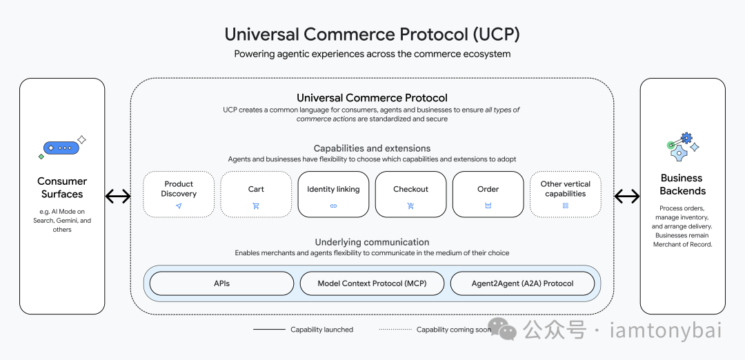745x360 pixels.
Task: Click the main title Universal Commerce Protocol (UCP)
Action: pos(372,34)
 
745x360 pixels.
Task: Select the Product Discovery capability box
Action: pos(179,194)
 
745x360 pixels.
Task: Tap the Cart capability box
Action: pos(256,194)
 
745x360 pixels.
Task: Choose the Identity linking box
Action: pos(333,194)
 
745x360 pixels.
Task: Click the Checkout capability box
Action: pos(410,194)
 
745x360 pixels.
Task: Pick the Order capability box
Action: pos(488,194)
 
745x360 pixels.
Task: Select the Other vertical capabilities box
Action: pos(565,194)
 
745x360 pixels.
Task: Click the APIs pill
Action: pos(221,283)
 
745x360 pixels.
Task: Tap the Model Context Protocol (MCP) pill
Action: pos(372,283)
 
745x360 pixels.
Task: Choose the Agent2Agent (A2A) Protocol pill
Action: pos(522,283)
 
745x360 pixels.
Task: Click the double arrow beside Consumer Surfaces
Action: pos(118,197)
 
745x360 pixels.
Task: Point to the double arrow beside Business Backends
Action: pos(626,197)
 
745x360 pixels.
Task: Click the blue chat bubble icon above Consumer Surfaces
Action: pos(61,148)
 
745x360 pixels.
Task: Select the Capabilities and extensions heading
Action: pos(372,148)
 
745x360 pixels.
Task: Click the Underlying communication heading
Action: pos(372,242)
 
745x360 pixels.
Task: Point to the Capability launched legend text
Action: pos(321,330)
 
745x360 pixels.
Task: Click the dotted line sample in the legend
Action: pos(395,330)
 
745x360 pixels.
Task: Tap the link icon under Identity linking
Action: pos(333,206)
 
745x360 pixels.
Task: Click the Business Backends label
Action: pos(682,184)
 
